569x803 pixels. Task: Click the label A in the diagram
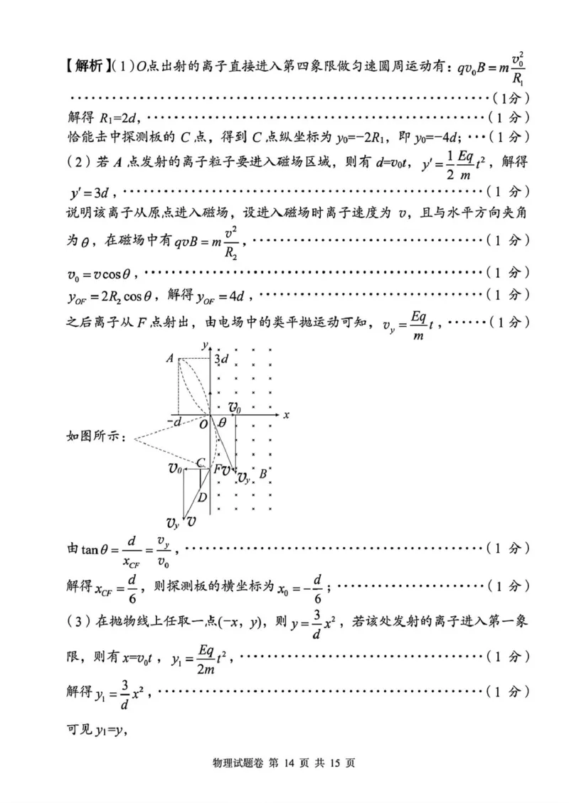(x=170, y=359)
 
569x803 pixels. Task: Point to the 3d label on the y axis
(x=221, y=359)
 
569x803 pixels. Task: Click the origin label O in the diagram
(x=203, y=424)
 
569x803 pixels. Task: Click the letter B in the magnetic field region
(x=263, y=474)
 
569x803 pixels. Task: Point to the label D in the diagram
(x=203, y=497)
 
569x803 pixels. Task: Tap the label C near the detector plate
(x=201, y=463)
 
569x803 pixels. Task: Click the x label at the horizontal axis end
(x=285, y=414)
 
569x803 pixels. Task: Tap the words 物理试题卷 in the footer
(x=235, y=762)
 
